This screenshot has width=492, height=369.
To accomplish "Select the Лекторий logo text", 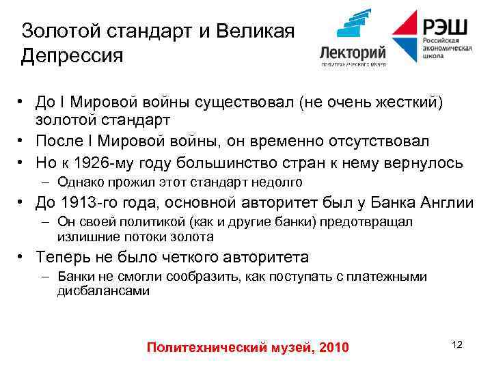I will pyautogui.click(x=353, y=51).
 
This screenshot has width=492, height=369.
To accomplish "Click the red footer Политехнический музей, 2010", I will pyautogui.click(x=247, y=348).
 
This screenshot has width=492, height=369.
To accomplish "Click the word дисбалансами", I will pyautogui.click(x=103, y=290).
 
